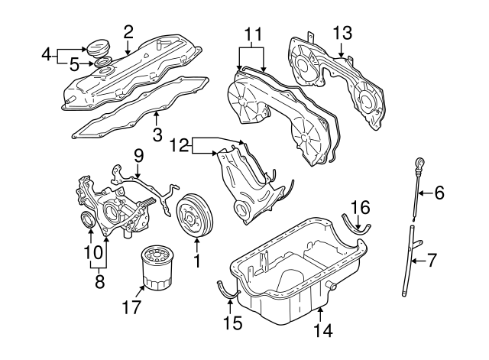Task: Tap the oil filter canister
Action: click(x=157, y=268)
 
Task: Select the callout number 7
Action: click(x=432, y=261)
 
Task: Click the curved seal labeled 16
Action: click(x=359, y=227)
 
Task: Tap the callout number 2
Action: click(x=128, y=31)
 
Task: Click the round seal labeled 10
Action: click(x=89, y=222)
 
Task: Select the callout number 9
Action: click(x=138, y=156)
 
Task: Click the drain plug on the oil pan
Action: click(x=331, y=285)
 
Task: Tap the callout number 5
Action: click(x=75, y=65)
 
